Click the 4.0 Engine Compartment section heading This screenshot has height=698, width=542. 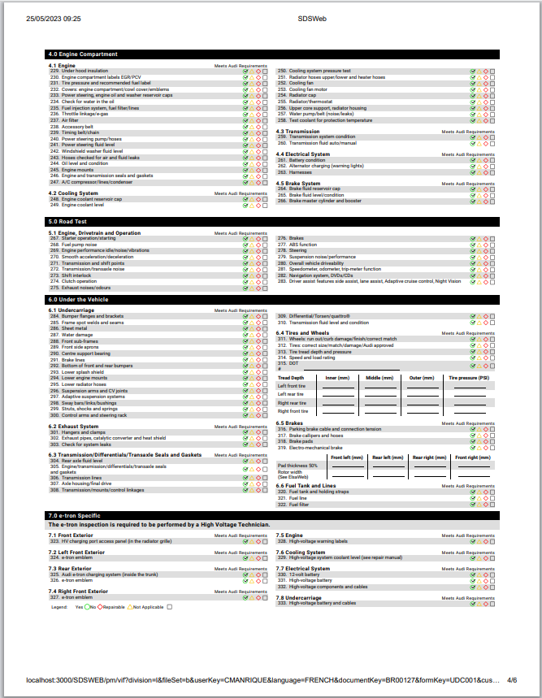(82, 54)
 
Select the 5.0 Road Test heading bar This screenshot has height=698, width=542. (69, 221)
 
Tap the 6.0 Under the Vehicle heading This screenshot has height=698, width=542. (78, 300)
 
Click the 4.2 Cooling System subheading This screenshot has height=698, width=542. (74, 193)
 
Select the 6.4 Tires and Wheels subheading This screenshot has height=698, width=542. (303, 332)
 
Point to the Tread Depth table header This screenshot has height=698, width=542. (291, 378)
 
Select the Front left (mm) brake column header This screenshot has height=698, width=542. (346, 457)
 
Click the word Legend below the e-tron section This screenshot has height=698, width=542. (59, 607)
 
